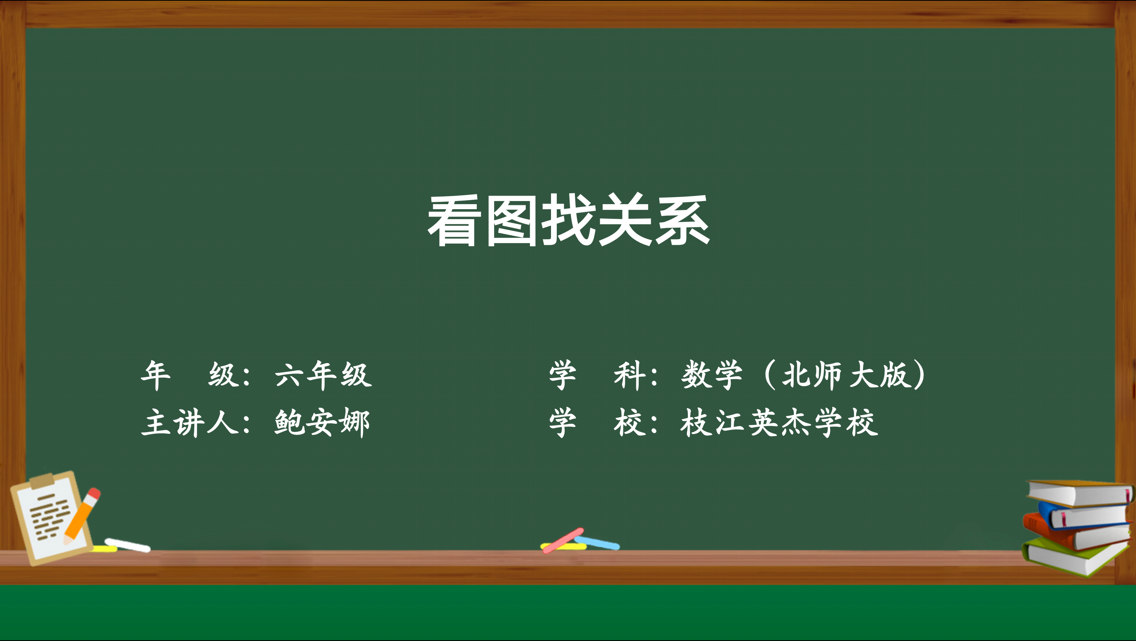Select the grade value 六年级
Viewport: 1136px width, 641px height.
pos(323,375)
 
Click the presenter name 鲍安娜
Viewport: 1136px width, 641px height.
pos(322,422)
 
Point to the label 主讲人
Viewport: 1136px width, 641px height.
pos(190,422)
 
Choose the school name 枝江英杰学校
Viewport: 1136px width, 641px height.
pos(779,422)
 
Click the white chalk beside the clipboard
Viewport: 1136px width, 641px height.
pos(128,545)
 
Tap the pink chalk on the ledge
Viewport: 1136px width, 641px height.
pos(563,540)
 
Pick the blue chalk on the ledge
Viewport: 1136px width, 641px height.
pos(597,543)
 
